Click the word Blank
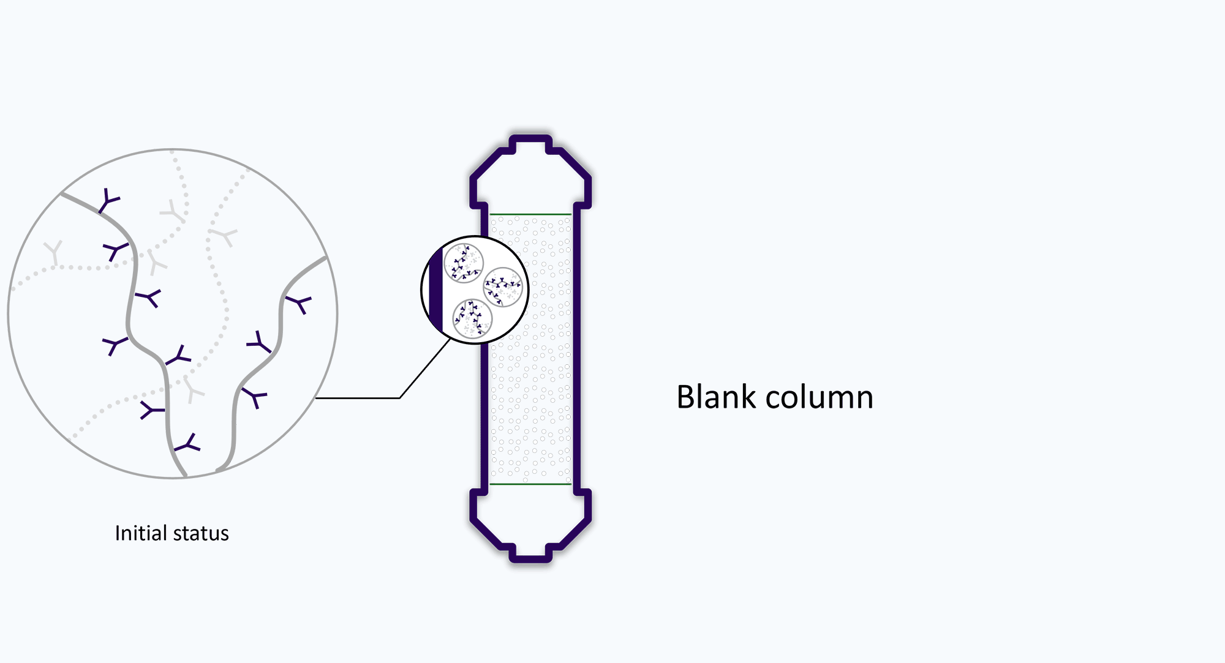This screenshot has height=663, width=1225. (x=716, y=397)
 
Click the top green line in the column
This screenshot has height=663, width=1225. (x=530, y=214)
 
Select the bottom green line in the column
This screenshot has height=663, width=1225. (x=530, y=484)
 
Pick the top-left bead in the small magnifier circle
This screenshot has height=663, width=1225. (x=464, y=263)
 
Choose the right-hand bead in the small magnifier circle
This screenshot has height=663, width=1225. (x=503, y=287)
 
